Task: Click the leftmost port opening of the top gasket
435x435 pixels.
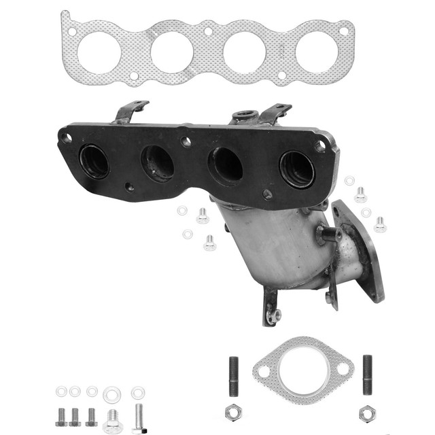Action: tap(99, 52)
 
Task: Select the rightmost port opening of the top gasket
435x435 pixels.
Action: tap(315, 52)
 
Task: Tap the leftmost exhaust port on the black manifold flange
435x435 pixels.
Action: tap(94, 161)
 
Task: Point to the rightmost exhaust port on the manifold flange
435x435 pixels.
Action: tap(296, 169)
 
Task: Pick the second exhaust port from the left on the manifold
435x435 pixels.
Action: tap(157, 163)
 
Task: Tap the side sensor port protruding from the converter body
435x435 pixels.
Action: tap(327, 235)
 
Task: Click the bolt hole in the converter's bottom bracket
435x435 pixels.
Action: tap(273, 314)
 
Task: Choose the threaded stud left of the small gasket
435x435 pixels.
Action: tap(234, 375)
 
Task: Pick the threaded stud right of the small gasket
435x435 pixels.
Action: tap(367, 375)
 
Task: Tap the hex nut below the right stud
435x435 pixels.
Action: tap(367, 412)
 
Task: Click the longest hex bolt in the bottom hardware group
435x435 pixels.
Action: tap(139, 417)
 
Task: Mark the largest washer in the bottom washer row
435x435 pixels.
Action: tap(111, 394)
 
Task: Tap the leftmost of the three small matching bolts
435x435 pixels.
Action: tap(60, 416)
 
